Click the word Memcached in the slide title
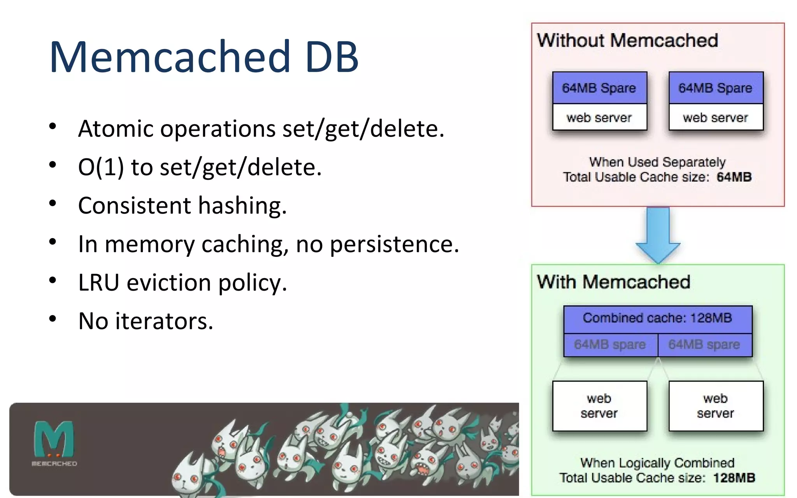pos(170,57)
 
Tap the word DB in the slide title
pos(332,57)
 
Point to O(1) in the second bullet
pos(101,167)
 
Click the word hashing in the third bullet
pos(242,205)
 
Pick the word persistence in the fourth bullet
pos(394,244)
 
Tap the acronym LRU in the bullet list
pos(98,282)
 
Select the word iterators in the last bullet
pos(164,321)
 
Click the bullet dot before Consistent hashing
pos(53,203)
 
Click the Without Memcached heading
pos(627,40)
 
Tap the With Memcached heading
pos(613,282)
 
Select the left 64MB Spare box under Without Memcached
pos(599,88)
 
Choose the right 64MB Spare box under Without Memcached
pos(716,88)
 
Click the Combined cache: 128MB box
pos(657,318)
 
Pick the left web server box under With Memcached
pos(599,406)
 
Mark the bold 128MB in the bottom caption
pos(734,478)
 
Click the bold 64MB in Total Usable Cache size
pos(734,177)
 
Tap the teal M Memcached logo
pos(54,440)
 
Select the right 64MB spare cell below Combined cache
pos(704,345)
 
